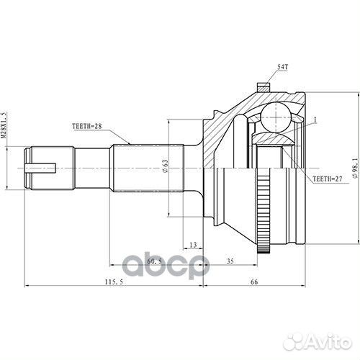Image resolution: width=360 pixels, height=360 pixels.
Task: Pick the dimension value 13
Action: tap(192, 246)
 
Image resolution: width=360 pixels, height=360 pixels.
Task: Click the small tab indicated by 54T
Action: tap(263, 87)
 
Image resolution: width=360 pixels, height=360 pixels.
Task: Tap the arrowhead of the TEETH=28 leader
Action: tap(129, 143)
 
